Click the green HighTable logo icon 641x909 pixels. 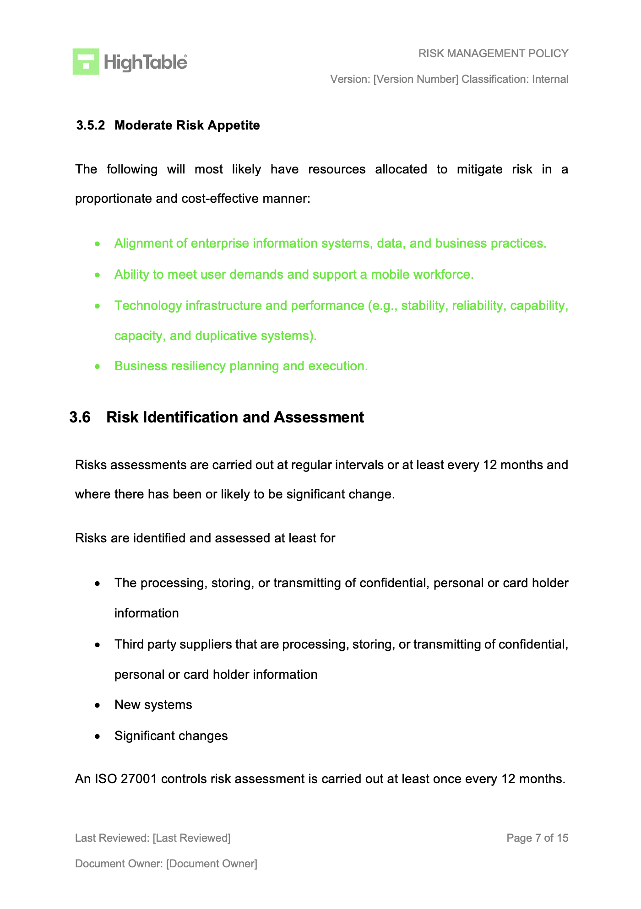tap(86, 61)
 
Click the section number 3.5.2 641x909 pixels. tap(90, 125)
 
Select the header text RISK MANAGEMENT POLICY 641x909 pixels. tap(493, 54)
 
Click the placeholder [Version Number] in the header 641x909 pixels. tap(415, 79)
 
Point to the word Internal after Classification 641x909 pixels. tap(550, 79)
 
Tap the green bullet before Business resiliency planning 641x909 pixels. tap(97, 367)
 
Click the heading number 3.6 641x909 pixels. tap(80, 417)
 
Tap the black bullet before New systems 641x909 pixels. tap(97, 706)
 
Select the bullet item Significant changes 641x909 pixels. tap(171, 736)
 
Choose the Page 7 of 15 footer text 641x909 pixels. tap(537, 838)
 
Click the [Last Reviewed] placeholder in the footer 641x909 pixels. tap(191, 838)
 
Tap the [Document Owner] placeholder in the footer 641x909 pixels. tap(212, 864)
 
